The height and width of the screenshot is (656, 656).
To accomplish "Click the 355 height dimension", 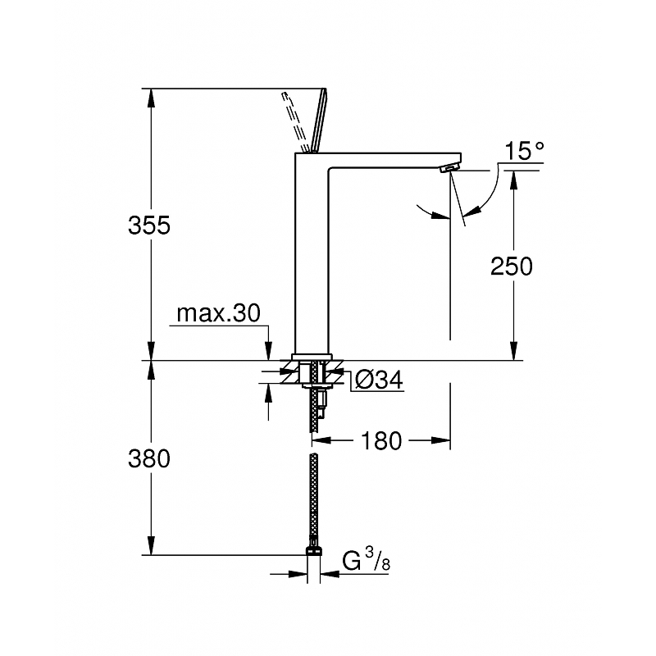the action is tap(149, 225).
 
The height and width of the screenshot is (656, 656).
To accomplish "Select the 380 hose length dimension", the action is tap(149, 458).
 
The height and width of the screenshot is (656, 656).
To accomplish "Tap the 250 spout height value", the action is tap(511, 266).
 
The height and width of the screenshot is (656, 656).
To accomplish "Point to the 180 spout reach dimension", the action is tap(380, 441).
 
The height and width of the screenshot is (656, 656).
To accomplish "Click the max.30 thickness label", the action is tap(218, 313).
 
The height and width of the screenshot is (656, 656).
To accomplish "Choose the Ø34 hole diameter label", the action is tap(379, 380).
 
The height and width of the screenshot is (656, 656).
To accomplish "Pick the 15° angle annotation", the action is tap(525, 151).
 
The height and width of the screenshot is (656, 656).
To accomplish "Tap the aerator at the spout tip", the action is tap(449, 168).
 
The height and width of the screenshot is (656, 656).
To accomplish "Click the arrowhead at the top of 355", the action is tap(151, 98).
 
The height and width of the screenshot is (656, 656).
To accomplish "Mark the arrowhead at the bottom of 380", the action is tap(151, 545).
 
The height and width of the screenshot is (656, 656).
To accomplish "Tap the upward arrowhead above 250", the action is tap(514, 180).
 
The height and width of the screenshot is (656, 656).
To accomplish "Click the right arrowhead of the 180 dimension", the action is tap(440, 440).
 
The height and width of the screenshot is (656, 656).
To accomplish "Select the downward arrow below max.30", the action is tap(268, 351).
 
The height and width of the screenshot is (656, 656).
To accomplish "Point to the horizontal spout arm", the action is tap(394, 161).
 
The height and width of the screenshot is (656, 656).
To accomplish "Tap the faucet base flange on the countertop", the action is tap(312, 357).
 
